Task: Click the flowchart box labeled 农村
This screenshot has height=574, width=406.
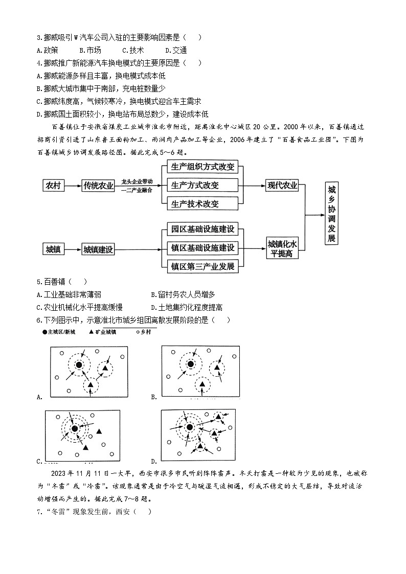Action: coord(53,186)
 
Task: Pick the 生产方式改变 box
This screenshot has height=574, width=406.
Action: coord(202,186)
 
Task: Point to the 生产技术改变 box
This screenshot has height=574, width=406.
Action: coord(202,203)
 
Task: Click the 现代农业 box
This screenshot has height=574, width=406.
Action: coord(282,186)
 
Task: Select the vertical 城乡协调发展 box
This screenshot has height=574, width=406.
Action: coord(332,214)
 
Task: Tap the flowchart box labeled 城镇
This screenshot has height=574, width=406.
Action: coord(53,249)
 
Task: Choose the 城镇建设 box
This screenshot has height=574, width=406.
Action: coord(98,249)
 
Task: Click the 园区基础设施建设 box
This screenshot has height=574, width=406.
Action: coord(203,229)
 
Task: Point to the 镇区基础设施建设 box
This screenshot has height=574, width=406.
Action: coord(203,248)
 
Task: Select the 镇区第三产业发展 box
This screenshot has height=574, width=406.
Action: coord(203,266)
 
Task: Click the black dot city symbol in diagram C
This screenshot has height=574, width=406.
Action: coord(75,428)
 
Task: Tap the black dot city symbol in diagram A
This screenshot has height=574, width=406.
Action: coord(79,365)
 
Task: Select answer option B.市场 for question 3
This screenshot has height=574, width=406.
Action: coord(91,50)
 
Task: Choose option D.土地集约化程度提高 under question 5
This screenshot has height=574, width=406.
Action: coord(187,307)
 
